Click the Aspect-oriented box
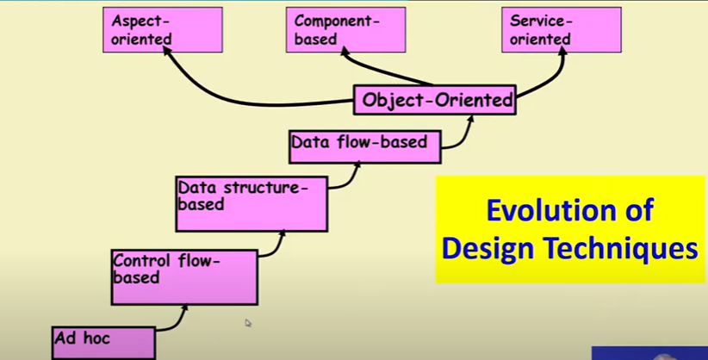pos(163,30)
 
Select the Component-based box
pos(346,30)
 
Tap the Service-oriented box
pos(562,30)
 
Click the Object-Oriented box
pos(434,100)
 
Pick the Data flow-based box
pos(365,146)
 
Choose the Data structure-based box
pos(252,204)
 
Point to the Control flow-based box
pos(184,276)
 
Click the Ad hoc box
pos(103,343)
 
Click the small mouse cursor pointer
pos(248,322)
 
